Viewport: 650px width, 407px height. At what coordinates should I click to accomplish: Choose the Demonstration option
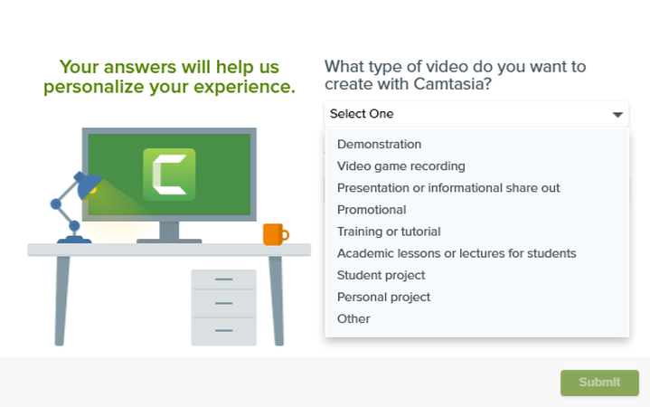(x=379, y=144)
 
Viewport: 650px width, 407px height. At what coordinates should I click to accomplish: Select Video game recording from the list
(x=400, y=166)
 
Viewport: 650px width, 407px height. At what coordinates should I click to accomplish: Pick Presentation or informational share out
(x=448, y=188)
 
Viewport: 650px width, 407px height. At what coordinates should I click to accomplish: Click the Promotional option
(x=372, y=210)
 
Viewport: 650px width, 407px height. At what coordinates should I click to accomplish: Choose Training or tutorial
(x=389, y=232)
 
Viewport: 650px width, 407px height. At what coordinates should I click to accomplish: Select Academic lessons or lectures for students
(x=457, y=253)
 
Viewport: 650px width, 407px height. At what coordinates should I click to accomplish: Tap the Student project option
(x=381, y=275)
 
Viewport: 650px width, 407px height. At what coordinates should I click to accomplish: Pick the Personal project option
(x=383, y=297)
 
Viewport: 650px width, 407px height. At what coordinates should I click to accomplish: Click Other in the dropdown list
(x=353, y=318)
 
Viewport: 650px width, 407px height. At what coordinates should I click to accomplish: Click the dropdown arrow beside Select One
(x=617, y=115)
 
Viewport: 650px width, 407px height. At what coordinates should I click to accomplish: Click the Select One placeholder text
(x=362, y=114)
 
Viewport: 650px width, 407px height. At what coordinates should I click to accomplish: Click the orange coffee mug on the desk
(x=274, y=234)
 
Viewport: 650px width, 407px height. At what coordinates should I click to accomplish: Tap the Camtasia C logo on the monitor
(x=169, y=173)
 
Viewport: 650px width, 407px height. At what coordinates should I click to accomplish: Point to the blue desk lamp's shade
(x=88, y=186)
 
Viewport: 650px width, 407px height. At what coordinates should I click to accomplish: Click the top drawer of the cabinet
(x=223, y=280)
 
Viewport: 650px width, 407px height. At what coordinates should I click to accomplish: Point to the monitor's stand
(x=168, y=232)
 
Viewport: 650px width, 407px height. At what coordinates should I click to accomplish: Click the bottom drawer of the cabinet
(x=223, y=330)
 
